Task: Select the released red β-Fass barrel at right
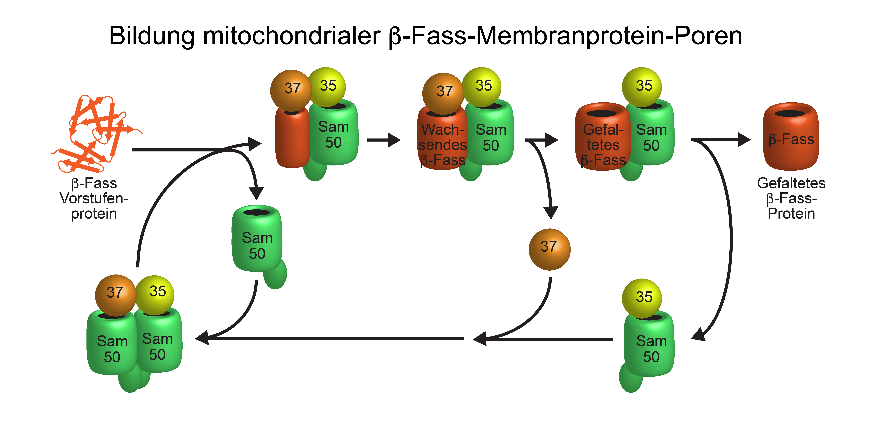791,137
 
